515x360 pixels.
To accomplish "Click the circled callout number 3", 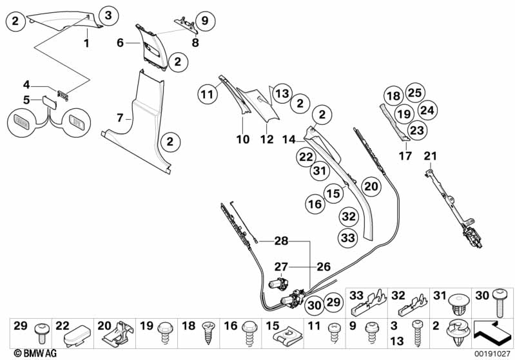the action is (108, 15).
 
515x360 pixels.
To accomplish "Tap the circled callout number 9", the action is (205, 21).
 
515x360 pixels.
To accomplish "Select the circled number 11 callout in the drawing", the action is (208, 95).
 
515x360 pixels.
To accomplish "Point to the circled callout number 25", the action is (415, 93).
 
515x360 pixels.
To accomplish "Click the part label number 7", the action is (120, 117).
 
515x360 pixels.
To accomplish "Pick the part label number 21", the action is (431, 156).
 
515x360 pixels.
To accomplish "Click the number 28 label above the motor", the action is (281, 241).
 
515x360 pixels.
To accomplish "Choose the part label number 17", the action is (405, 156).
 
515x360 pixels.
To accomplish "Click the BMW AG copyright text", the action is (35, 353).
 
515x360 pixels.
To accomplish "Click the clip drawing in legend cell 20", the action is (118, 334).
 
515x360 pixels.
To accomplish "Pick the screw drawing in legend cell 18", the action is (208, 333).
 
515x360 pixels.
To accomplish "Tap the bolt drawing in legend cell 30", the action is (500, 303).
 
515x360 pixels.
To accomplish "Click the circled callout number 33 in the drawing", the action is (348, 237).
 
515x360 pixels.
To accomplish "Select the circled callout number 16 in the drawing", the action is (315, 204).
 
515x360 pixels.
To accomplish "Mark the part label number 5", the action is (26, 100).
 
